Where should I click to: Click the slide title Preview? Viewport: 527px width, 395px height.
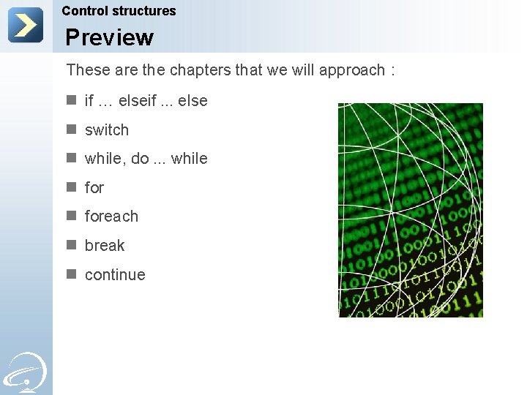coord(109,37)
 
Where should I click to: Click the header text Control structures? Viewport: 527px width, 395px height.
coord(119,11)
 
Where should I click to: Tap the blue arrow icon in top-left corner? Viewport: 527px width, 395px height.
coord(26,25)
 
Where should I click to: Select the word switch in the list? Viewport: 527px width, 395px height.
coord(107,130)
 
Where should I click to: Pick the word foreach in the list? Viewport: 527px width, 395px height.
coord(111,217)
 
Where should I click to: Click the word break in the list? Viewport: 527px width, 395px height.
coord(105,246)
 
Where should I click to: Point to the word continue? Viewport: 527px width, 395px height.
coord(115,275)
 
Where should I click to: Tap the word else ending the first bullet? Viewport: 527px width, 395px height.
coord(193,101)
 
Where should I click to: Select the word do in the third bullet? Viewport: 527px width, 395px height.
coord(140,159)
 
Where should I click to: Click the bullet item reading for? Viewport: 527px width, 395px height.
coord(94,188)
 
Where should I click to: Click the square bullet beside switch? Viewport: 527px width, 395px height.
coord(72,129)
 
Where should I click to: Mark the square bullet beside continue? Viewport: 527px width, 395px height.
coord(72,274)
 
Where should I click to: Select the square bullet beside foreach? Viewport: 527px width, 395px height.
coord(72,216)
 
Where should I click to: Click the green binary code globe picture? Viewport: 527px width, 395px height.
coord(410,210)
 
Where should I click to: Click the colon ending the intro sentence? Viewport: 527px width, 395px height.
coord(393,71)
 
